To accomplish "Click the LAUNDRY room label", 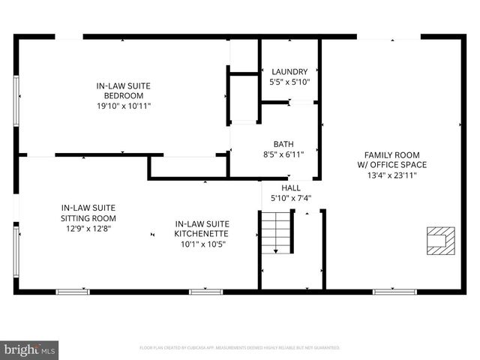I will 289,72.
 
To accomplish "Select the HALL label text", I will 291,188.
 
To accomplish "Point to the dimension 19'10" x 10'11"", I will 124,106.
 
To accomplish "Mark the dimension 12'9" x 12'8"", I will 88,229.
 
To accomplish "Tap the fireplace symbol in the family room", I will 437,240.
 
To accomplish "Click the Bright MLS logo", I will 30,349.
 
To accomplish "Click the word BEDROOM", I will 124,96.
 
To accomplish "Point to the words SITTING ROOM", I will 88,218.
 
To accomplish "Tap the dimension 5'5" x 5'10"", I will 289,82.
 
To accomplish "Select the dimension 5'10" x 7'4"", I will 290,199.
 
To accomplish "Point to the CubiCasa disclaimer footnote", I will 240,348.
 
